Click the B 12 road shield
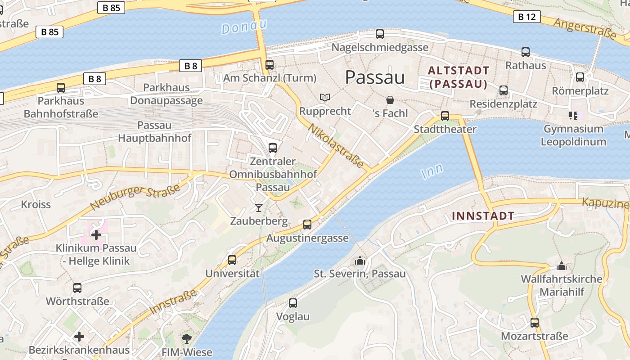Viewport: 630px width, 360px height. click(526, 17)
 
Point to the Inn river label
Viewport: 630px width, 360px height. click(432, 171)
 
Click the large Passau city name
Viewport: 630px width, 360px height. click(375, 77)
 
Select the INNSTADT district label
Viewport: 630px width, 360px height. click(483, 216)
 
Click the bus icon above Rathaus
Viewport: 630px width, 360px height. click(525, 52)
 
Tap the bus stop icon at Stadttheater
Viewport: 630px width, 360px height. click(445, 116)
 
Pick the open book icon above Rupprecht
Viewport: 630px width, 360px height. click(325, 97)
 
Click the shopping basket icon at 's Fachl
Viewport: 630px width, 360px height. click(390, 99)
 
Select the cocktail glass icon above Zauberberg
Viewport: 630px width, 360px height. click(258, 207)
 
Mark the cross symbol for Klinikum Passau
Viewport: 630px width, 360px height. click(96, 234)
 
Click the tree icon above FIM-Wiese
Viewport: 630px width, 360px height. click(186, 338)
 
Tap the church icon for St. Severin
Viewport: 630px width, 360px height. click(360, 260)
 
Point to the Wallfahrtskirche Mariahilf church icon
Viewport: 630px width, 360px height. click(561, 265)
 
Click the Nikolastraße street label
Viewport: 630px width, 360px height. click(336, 146)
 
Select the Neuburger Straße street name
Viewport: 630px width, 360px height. click(135, 197)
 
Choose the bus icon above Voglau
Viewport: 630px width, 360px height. click(293, 303)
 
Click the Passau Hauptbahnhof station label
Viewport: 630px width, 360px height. click(154, 131)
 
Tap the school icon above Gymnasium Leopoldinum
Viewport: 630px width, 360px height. click(573, 116)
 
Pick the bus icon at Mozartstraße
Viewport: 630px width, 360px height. click(534, 322)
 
